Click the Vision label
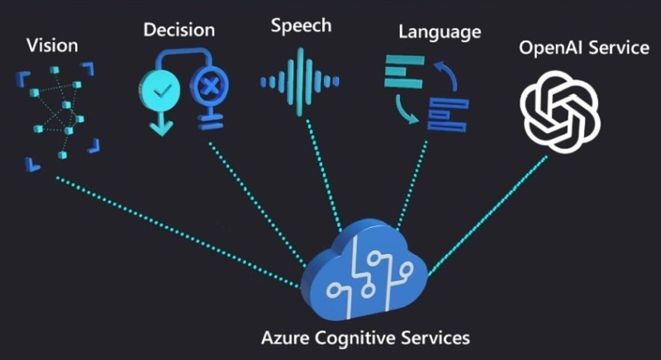(52, 44)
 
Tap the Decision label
(178, 31)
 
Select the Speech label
(301, 26)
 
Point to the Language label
(439, 33)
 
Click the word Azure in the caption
(283, 339)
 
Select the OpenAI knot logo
(560, 108)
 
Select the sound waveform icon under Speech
(299, 81)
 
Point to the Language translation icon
(426, 92)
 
